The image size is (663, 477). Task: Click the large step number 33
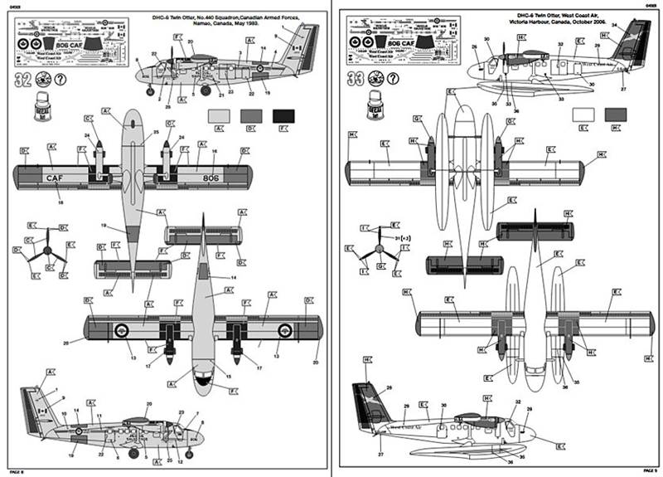coord(354,80)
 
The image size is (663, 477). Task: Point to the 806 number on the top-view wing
coord(211,177)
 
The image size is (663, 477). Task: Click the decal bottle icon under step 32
coord(37,108)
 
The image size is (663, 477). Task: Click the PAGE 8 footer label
coord(14,471)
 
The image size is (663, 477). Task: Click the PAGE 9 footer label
coord(647,471)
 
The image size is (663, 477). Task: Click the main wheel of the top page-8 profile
coord(150,88)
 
